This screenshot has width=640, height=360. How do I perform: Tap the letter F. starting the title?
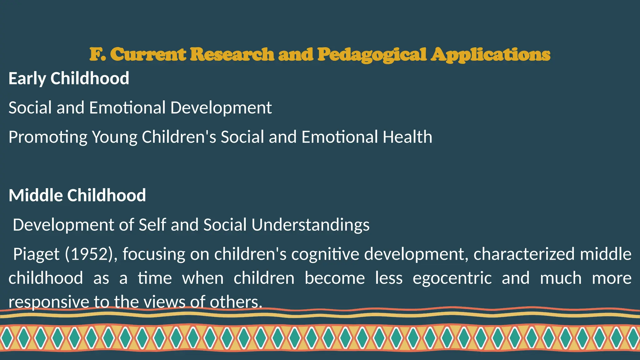[97, 55]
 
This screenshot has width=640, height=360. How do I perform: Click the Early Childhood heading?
[69, 78]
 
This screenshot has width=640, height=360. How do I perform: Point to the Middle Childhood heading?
[77, 195]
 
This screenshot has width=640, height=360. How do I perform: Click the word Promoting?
[48, 137]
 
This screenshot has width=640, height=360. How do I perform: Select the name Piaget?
[36, 254]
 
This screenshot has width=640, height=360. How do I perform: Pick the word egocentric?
[452, 278]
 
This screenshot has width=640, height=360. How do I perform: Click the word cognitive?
[325, 254]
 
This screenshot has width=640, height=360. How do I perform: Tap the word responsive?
[49, 302]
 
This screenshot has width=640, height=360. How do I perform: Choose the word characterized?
[524, 254]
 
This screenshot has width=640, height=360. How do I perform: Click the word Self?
[152, 225]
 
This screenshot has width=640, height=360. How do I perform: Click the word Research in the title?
[232, 55]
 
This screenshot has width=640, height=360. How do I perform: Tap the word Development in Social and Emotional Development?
[221, 108]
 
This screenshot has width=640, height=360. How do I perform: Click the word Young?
[114, 137]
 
